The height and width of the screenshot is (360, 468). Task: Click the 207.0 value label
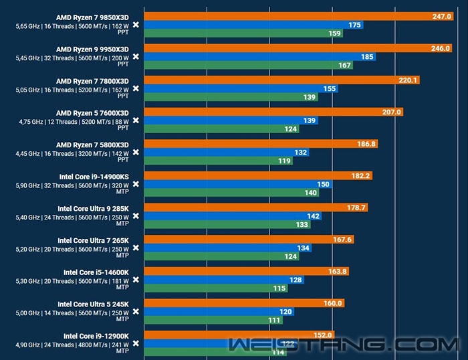pos(392,112)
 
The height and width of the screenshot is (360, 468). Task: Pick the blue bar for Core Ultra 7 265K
pos(228,248)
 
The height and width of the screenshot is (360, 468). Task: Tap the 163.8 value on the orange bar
pos(336,271)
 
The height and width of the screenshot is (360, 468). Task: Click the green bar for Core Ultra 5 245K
pos(214,320)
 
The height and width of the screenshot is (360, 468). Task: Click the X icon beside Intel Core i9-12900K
pos(136,344)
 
